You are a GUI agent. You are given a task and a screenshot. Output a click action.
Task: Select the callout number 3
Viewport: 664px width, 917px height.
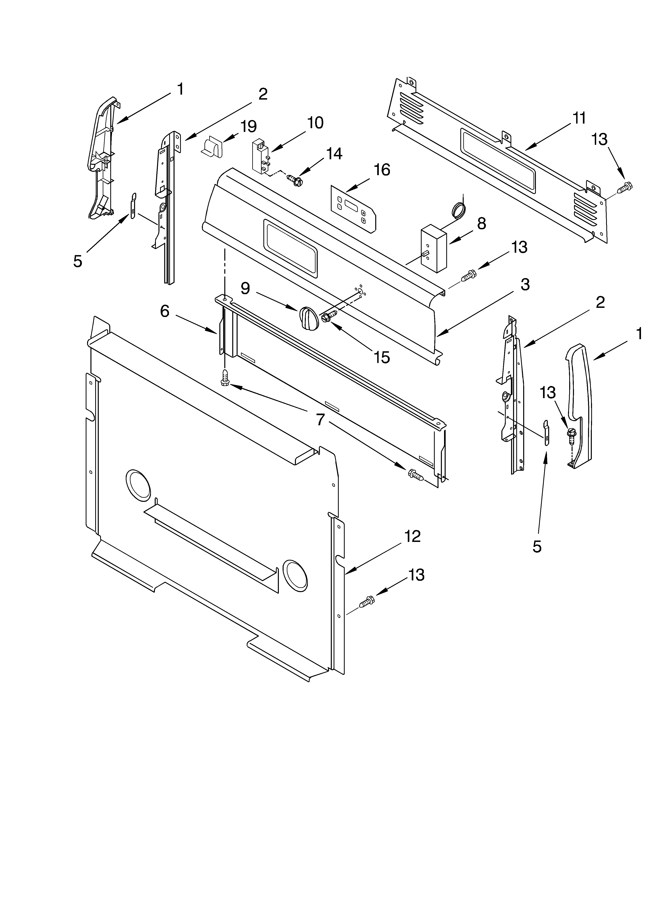[x=525, y=285]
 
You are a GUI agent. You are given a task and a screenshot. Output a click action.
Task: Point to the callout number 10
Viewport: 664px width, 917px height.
[x=315, y=123]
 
